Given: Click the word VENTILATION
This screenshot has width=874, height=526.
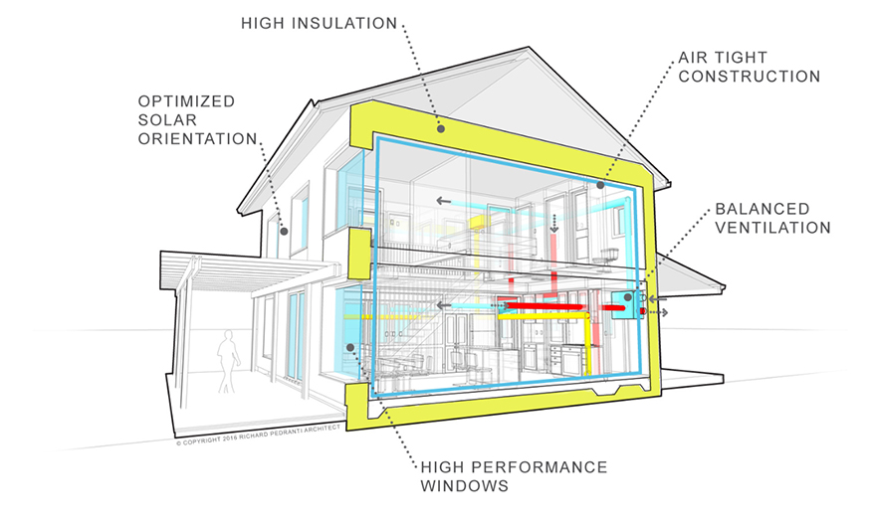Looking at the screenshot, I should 771,228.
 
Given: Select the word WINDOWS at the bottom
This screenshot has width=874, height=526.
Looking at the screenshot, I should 464,486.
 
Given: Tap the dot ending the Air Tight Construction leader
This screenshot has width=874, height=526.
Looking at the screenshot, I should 600,185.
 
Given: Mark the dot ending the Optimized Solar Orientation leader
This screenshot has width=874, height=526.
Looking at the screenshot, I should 284,232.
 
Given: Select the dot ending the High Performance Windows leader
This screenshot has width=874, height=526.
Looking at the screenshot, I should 351,347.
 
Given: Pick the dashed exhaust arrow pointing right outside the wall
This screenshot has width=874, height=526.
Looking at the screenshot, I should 662,312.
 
